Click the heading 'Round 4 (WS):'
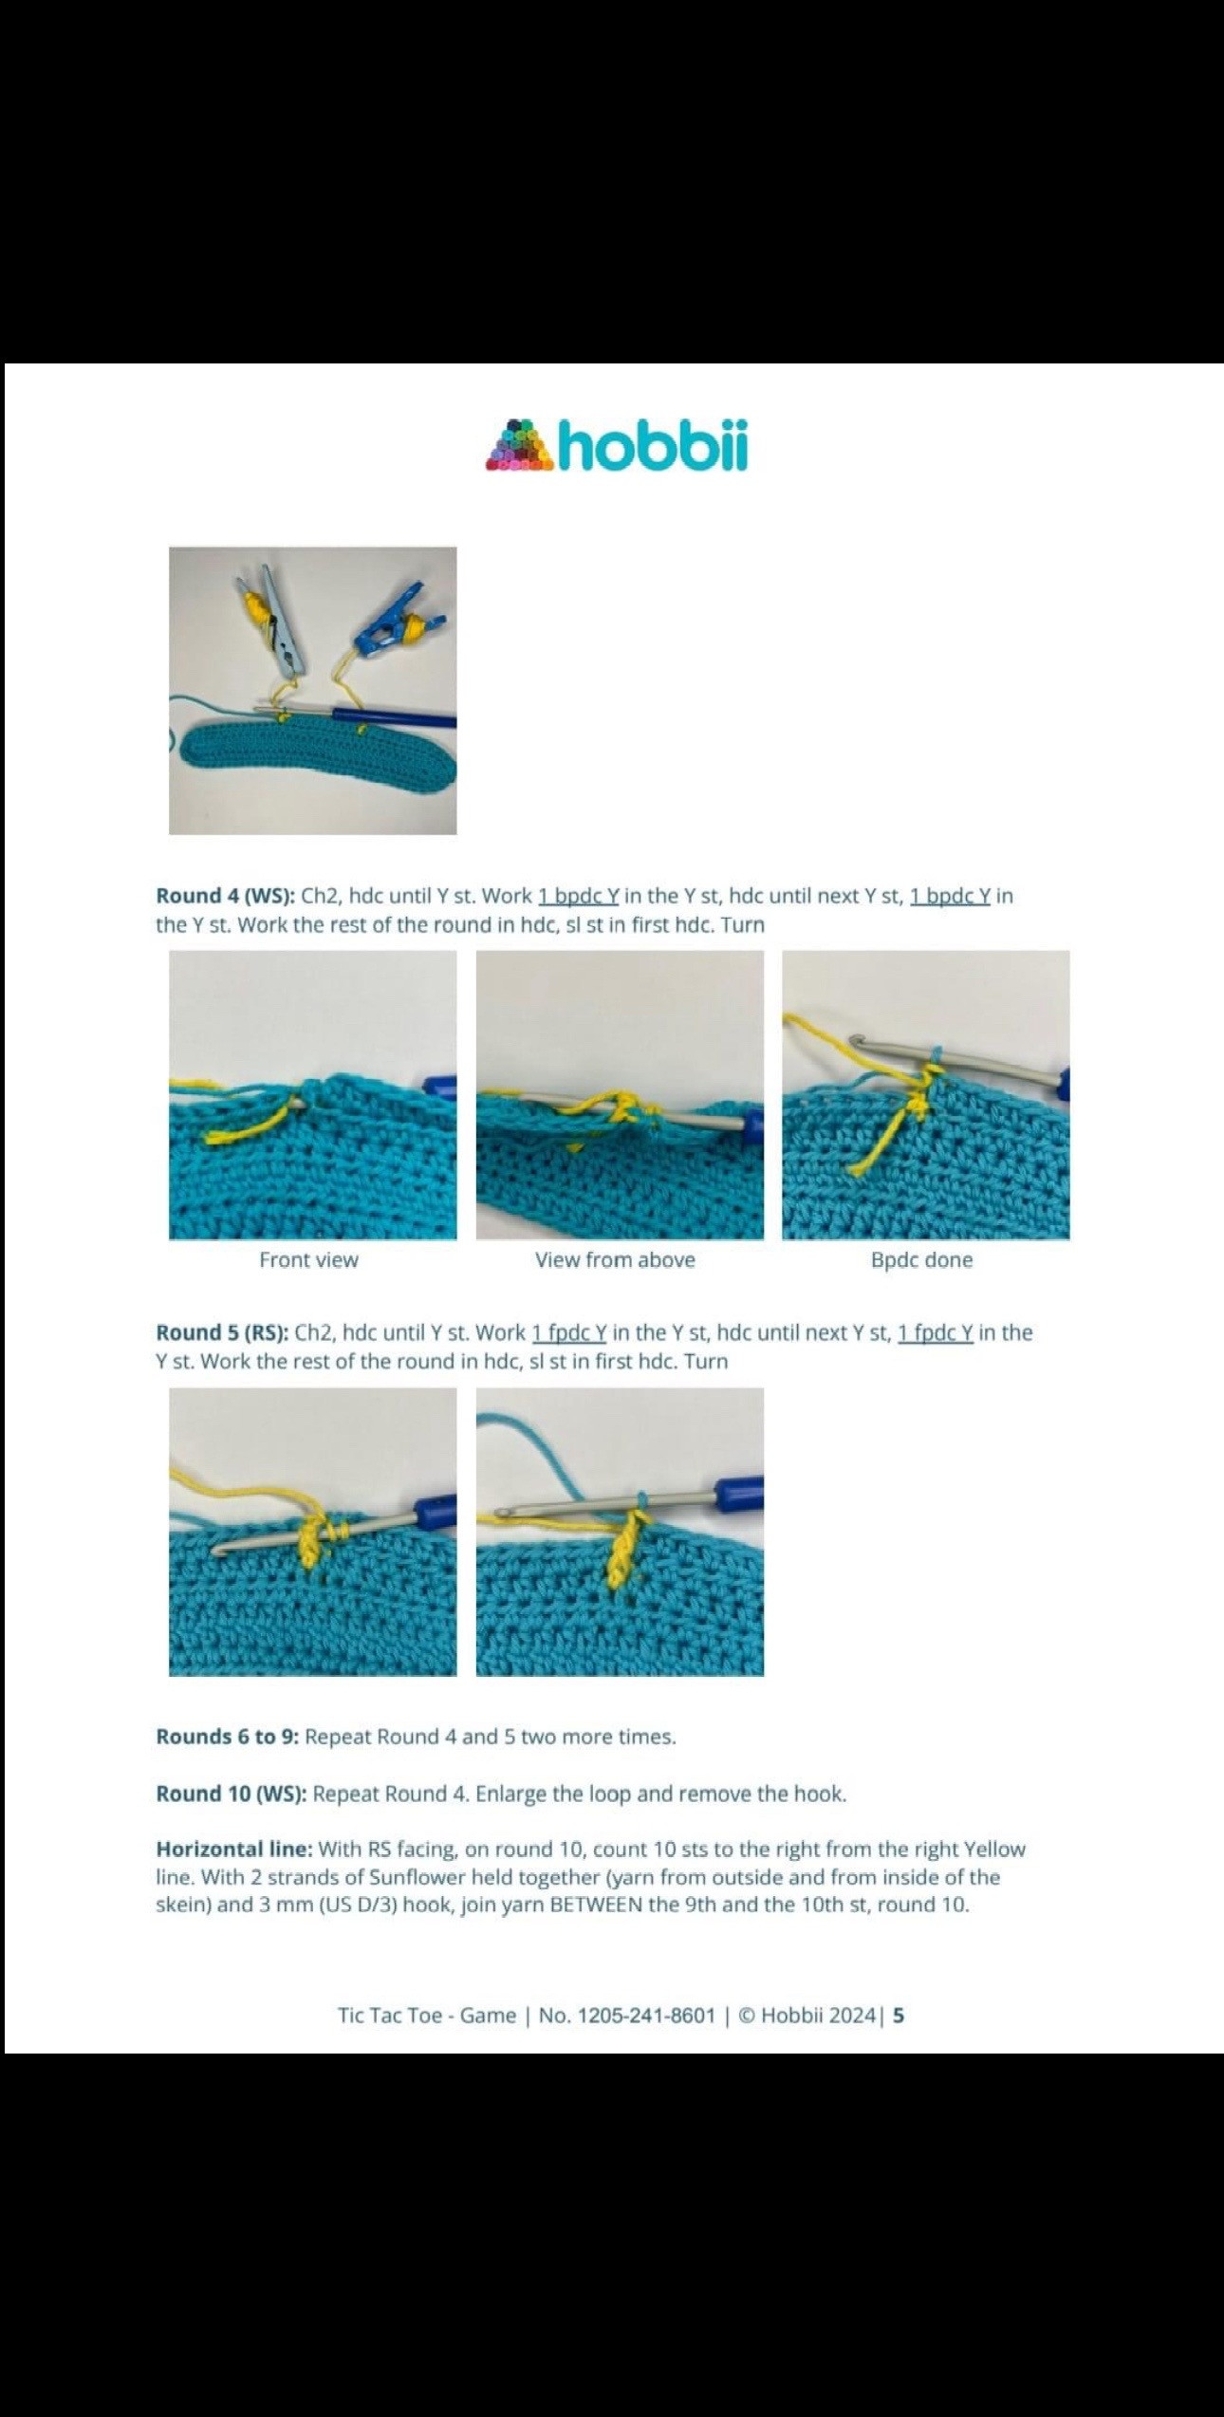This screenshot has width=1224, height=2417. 226,896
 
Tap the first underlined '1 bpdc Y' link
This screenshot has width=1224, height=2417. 579,896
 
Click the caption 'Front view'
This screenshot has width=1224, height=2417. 309,1260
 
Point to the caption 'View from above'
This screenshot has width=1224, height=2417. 615,1260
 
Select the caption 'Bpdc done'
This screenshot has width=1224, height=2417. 921,1260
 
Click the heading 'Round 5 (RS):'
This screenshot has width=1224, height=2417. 222,1332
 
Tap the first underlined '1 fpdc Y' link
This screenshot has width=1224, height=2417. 569,1332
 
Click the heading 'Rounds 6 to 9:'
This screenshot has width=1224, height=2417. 228,1737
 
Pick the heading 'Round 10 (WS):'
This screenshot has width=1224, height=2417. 232,1794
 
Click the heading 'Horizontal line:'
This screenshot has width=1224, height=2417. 234,1849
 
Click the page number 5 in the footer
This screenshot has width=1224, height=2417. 899,2016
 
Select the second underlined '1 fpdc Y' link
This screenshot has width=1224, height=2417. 936,1332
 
